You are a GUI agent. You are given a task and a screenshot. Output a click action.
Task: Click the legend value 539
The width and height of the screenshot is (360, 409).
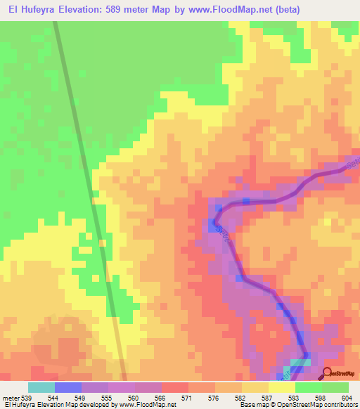25,397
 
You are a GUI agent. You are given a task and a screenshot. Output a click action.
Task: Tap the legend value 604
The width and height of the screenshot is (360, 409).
346,397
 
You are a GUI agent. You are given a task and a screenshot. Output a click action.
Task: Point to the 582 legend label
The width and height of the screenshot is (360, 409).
239,397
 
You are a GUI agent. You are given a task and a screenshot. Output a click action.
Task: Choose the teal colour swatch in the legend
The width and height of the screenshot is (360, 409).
41,387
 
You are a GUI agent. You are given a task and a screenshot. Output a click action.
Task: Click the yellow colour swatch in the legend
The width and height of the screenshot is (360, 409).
281,387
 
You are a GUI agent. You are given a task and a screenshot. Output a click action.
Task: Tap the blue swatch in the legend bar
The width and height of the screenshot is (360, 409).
68,387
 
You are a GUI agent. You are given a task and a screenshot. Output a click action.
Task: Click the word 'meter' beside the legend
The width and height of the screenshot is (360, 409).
9,397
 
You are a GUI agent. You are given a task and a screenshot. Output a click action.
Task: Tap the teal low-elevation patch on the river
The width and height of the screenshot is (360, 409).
300,363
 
